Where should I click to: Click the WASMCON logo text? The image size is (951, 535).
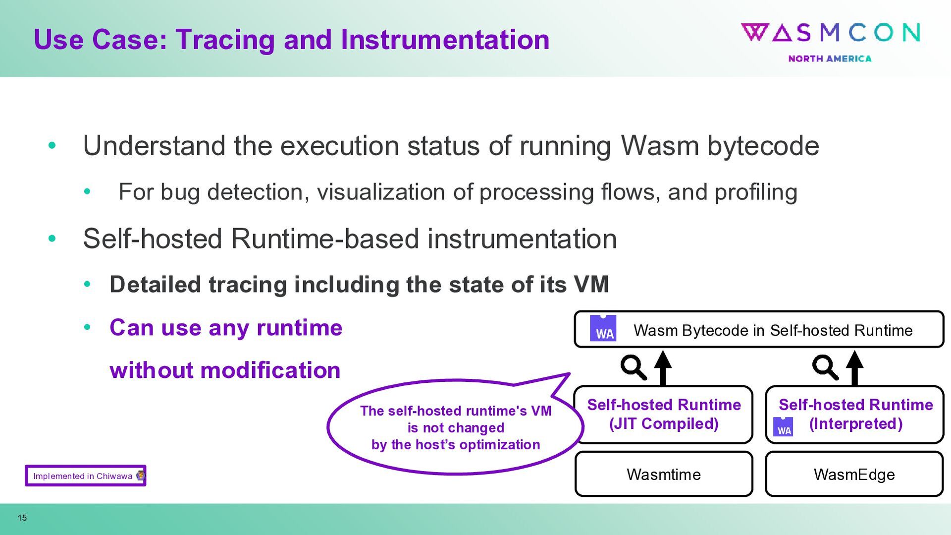(831, 33)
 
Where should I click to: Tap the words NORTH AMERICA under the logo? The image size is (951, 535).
(830, 59)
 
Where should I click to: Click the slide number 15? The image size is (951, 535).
(22, 518)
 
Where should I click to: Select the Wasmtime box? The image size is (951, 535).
(664, 474)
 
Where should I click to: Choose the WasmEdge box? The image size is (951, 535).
(854, 474)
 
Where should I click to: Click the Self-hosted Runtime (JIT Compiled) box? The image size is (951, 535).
(664, 415)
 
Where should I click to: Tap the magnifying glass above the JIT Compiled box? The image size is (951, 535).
(633, 367)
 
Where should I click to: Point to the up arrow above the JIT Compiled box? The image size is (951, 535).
(663, 367)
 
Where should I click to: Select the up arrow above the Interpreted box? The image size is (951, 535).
(854, 367)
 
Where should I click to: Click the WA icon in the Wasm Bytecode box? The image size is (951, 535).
(603, 328)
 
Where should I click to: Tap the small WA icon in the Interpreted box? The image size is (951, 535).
(783, 427)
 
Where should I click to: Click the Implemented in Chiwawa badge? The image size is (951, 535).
(85, 476)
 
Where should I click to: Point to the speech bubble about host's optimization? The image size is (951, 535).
(455, 427)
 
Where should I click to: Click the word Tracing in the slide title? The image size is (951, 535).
(225, 40)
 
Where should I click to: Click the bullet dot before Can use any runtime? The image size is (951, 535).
(88, 327)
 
